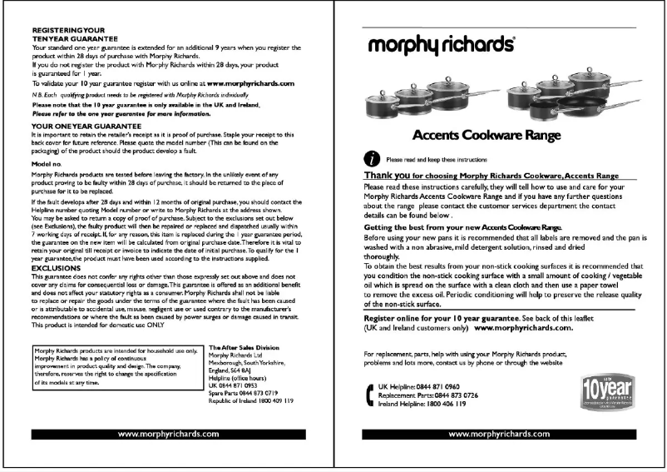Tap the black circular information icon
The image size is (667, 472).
pos(372,158)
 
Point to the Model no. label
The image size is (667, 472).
pos(47,165)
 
